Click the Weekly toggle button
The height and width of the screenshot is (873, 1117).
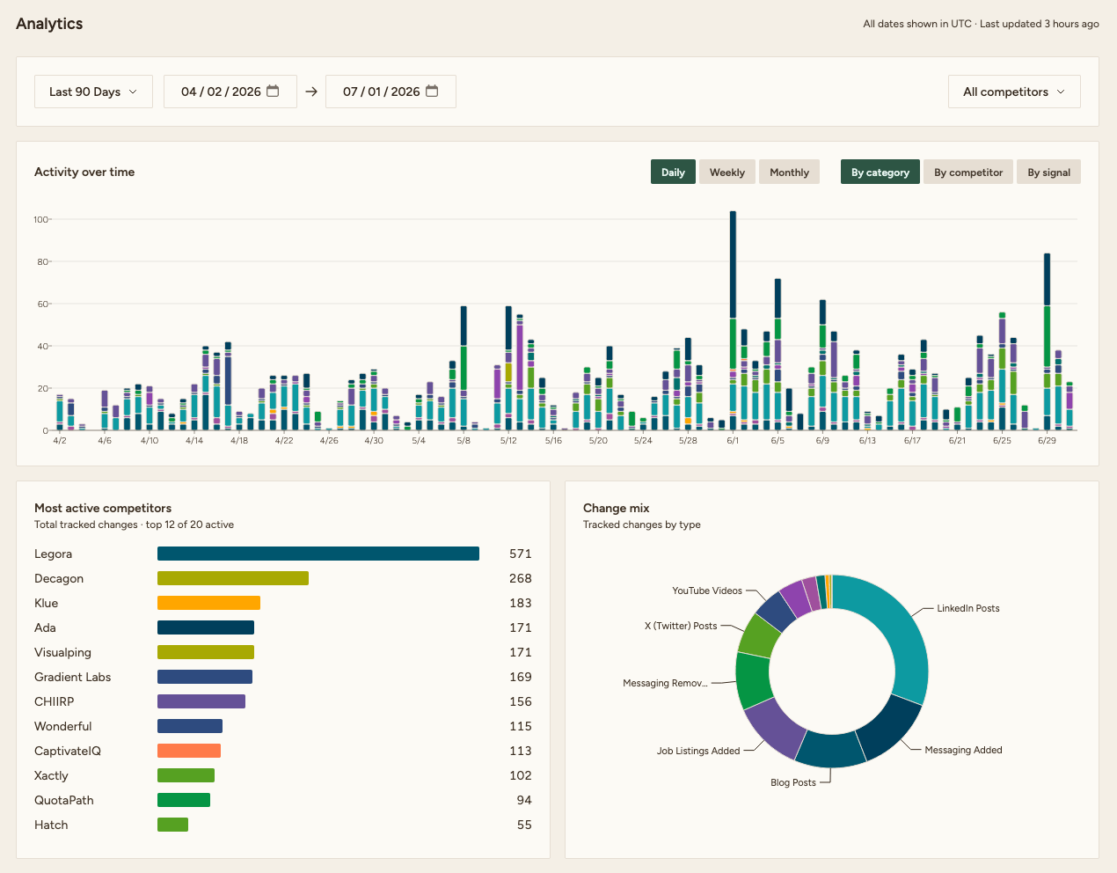[x=726, y=172]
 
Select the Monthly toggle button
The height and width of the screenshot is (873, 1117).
[x=789, y=172]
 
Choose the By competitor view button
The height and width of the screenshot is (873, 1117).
[x=968, y=172]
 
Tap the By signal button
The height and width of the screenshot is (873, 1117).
[x=1048, y=172]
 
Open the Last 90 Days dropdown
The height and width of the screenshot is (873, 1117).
[x=93, y=92]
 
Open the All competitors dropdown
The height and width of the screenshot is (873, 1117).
[x=1014, y=92]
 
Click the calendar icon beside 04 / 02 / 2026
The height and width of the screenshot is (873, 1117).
[x=273, y=91]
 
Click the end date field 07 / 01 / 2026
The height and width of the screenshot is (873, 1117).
[x=391, y=92]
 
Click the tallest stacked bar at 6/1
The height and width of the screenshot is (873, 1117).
[x=733, y=320]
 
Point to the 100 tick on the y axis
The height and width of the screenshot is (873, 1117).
[x=40, y=219]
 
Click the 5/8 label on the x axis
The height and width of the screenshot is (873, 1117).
[x=464, y=441]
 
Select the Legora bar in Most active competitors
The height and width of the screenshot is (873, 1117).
[x=318, y=554]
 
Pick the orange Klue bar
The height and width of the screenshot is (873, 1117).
[x=208, y=603]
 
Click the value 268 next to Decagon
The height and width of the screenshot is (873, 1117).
[x=520, y=578]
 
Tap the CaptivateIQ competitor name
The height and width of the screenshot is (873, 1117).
[x=68, y=751]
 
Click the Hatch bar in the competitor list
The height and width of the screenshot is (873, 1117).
[x=172, y=825]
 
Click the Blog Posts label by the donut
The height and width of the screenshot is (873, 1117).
[x=792, y=782]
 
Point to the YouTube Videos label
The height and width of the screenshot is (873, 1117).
[x=707, y=591]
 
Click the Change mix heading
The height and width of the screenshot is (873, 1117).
[x=616, y=508]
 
